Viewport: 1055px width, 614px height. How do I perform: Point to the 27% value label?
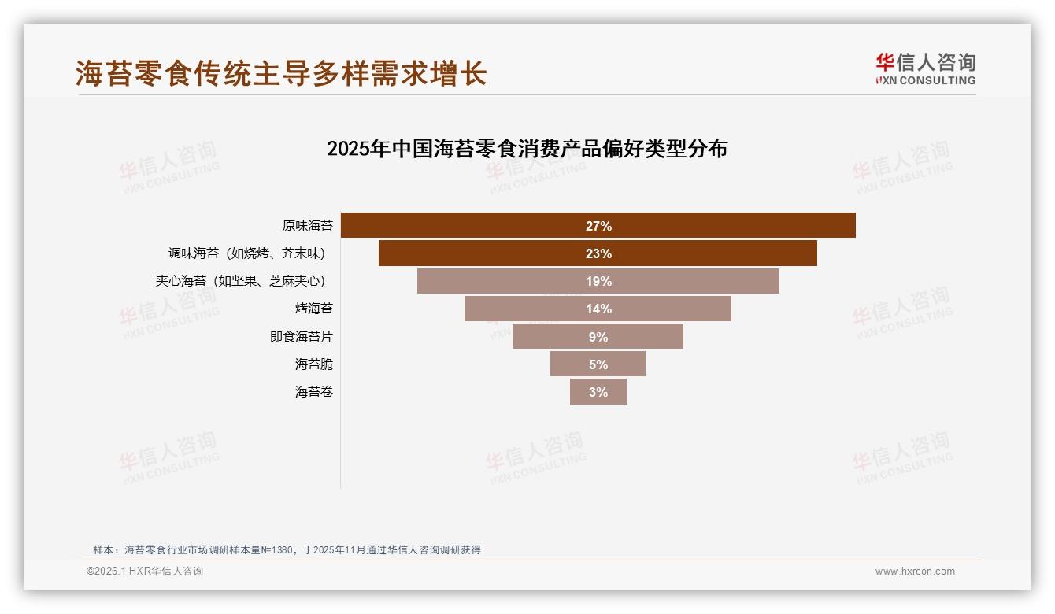tap(598, 226)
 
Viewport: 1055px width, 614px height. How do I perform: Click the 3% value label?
tap(598, 391)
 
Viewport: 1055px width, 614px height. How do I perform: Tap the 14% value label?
tap(598, 309)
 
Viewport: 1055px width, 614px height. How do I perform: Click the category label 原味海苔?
tap(308, 226)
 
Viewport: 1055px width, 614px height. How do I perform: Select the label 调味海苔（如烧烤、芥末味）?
tap(247, 253)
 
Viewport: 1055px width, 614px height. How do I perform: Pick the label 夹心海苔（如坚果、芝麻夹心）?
tap(241, 281)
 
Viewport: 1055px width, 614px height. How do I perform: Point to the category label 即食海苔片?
tap(302, 336)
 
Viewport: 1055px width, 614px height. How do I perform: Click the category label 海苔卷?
tap(314, 391)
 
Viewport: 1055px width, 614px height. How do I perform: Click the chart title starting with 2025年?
tap(527, 149)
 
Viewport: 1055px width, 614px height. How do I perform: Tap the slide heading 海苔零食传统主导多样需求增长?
tap(281, 73)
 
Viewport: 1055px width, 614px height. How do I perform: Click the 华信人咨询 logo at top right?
tap(925, 68)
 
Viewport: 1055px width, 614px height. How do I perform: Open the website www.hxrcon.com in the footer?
tap(915, 571)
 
